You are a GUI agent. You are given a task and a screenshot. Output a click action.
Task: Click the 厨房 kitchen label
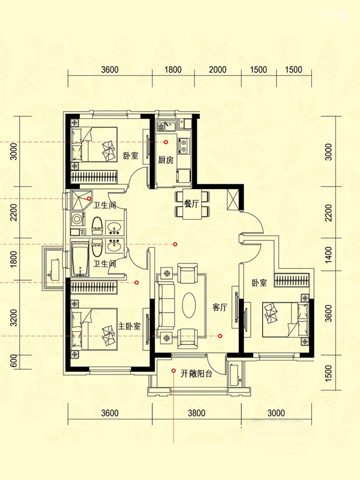pyautogui.click(x=166, y=160)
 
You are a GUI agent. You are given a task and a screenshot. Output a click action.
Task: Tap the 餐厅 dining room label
pyautogui.click(x=191, y=203)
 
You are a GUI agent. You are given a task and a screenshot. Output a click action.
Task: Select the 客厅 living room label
pyautogui.click(x=220, y=307)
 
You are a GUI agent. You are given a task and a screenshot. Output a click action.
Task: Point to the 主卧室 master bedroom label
pyautogui.click(x=129, y=326)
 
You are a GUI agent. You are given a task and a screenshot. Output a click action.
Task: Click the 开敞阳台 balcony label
pyautogui.click(x=196, y=373)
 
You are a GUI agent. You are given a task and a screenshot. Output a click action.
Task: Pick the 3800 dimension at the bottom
pyautogui.click(x=197, y=413)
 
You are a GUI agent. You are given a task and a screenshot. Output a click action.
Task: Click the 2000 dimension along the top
pyautogui.click(x=218, y=70)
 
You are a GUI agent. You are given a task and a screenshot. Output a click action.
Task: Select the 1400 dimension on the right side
pyautogui.click(x=328, y=254)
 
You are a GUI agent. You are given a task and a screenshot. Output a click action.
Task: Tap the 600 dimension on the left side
pyautogui.click(x=13, y=362)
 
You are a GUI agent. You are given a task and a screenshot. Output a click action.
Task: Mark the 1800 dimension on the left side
pyautogui.click(x=13, y=259)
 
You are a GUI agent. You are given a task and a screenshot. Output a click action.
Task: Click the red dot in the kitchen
pyautogui.click(x=166, y=142)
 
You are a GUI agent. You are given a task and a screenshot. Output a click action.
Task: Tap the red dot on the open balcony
pyautogui.click(x=173, y=371)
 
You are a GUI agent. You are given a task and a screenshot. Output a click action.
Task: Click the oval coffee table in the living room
pyautogui.click(x=190, y=305)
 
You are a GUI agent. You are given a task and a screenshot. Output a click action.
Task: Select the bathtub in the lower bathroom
pyautogui.click(x=80, y=259)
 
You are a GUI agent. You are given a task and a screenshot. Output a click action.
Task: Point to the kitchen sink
pyautogui.click(x=166, y=126)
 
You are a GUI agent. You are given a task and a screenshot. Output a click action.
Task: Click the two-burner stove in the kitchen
pyautogui.click(x=184, y=146)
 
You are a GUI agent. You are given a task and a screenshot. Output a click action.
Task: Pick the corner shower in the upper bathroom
pyautogui.click(x=81, y=200)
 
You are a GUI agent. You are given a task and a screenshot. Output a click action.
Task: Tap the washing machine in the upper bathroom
pyautogui.click(x=77, y=219)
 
